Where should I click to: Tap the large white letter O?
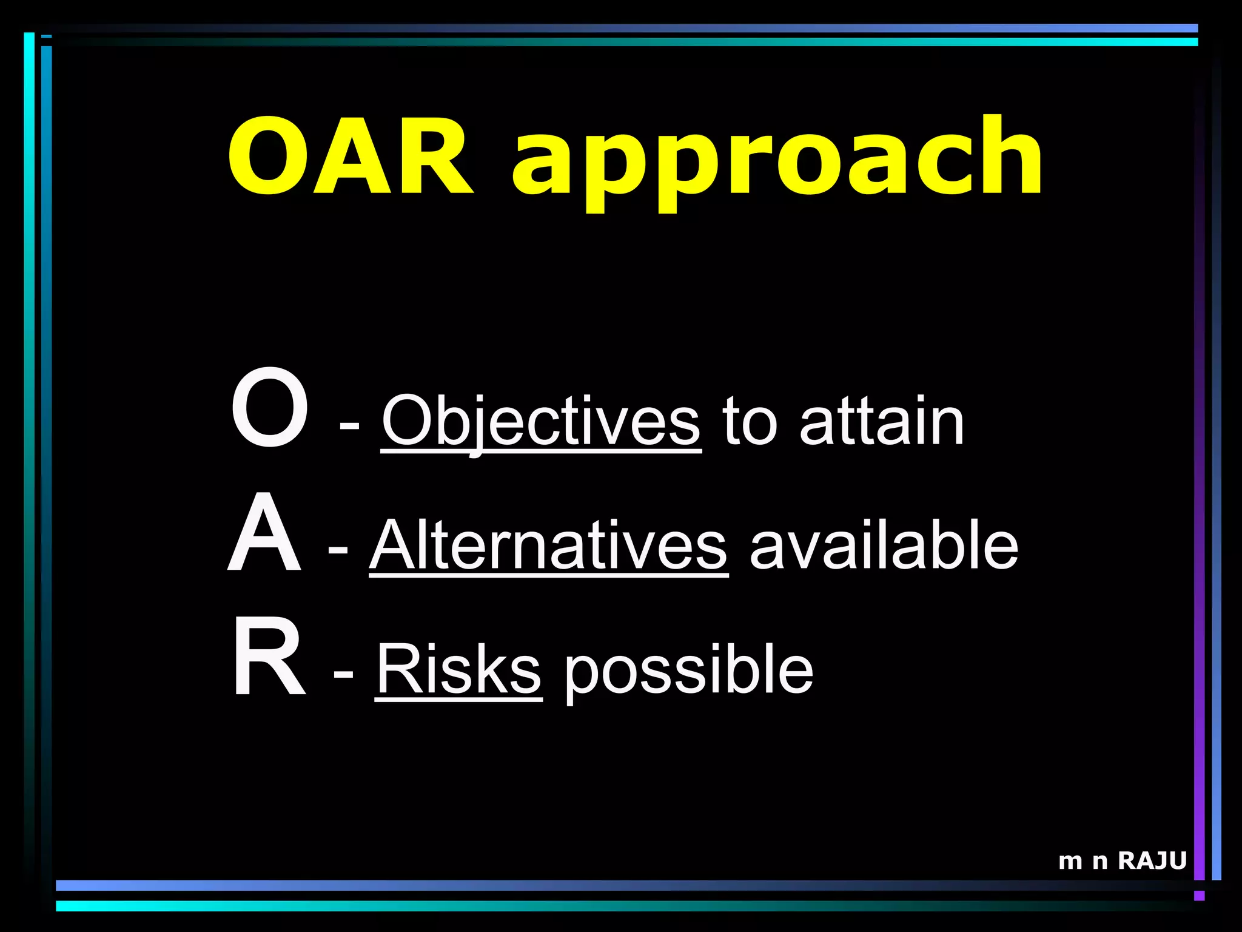[270, 408]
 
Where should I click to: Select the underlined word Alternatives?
[548, 545]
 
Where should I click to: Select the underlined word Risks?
[458, 670]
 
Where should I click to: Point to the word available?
[884, 545]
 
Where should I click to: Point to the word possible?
[689, 671]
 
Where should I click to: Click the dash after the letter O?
[349, 424]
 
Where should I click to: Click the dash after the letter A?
[338, 549]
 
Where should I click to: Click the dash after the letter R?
[343, 674]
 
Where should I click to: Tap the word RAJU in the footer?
[1152, 861]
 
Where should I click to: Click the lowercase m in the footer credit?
[1070, 862]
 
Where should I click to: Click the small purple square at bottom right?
[1199, 896]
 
